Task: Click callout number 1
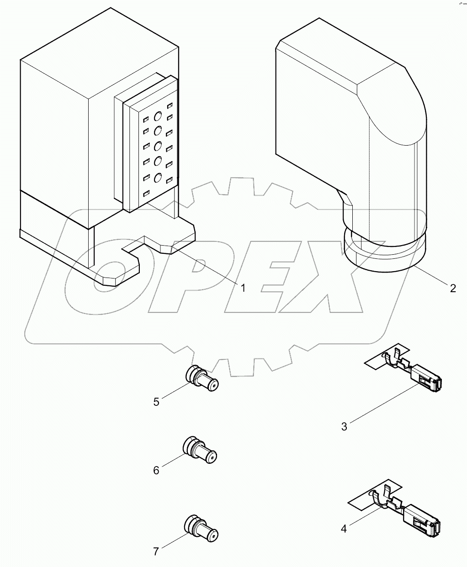pyautogui.click(x=243, y=288)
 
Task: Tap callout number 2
pyautogui.click(x=452, y=288)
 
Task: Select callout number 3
pyautogui.click(x=344, y=426)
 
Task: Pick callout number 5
pyautogui.click(x=156, y=402)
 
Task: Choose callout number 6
pyautogui.click(x=156, y=470)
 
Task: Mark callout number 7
pyautogui.click(x=156, y=551)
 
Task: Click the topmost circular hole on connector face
pyautogui.click(x=158, y=116)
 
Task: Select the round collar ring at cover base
pyautogui.click(x=384, y=258)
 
